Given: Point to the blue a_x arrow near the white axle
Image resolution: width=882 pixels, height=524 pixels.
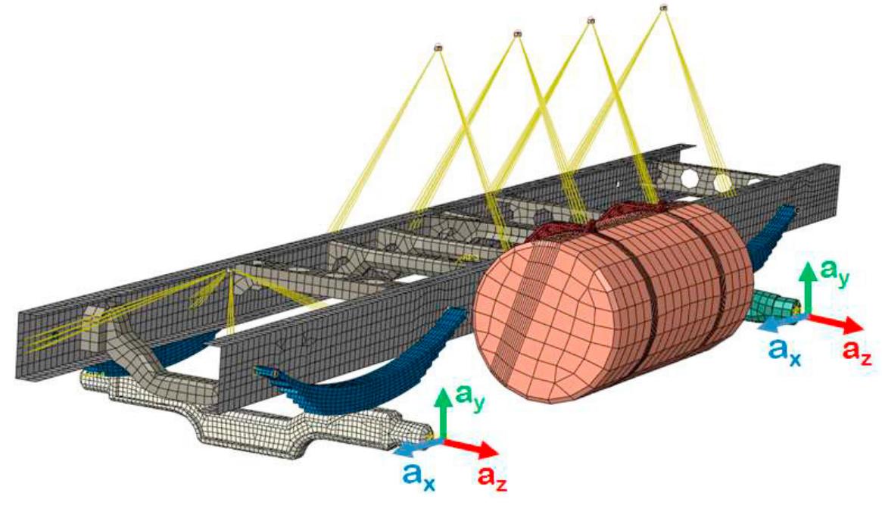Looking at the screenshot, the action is click(x=417, y=446).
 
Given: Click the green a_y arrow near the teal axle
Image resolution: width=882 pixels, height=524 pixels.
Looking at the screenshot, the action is click(x=809, y=287).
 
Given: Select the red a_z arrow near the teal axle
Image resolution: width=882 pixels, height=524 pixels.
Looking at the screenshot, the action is click(x=836, y=321).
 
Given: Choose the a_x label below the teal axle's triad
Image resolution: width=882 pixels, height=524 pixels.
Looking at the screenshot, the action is click(x=784, y=352).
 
